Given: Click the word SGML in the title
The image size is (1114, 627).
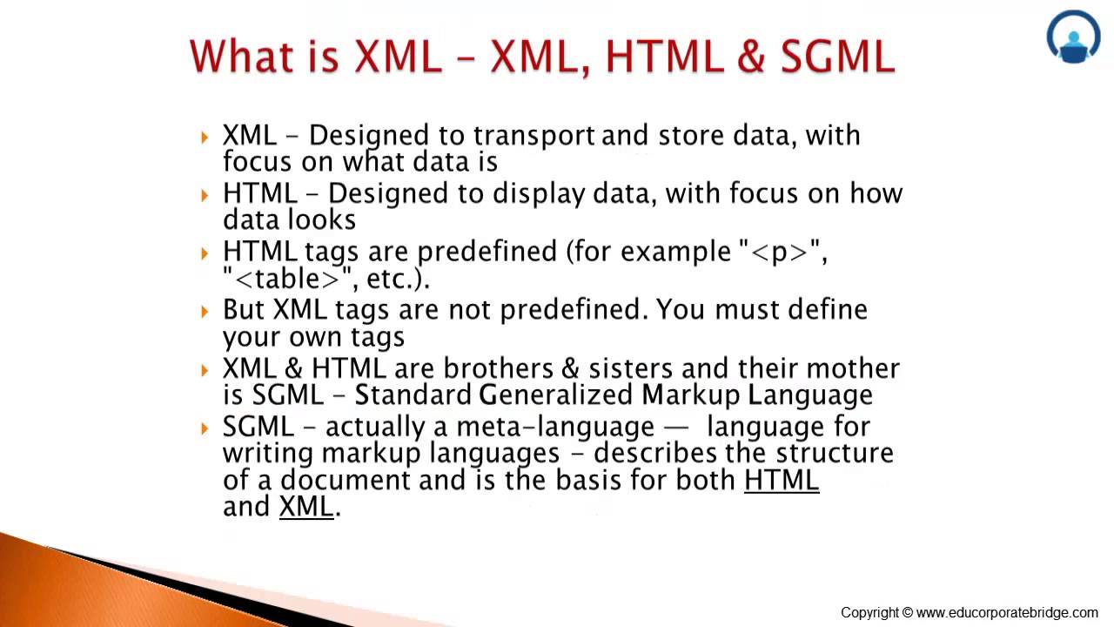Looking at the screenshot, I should coord(837,57).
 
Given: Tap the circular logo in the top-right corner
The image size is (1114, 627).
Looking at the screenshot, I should coord(1073,37).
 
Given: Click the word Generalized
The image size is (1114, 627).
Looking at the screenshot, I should coord(555,395).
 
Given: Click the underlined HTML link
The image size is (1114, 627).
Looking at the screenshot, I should coord(781,480).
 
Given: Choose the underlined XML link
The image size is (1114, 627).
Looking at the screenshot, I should coord(306,507).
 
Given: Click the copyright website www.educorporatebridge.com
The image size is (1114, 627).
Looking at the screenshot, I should coord(1007,613).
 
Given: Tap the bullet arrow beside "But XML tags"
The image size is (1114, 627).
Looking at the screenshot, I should coord(205,311).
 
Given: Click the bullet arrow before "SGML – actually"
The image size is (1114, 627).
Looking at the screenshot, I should coord(205,428).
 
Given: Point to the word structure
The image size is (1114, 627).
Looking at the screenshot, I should coord(834,453).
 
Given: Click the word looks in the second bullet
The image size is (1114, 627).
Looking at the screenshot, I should coord(323,219).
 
